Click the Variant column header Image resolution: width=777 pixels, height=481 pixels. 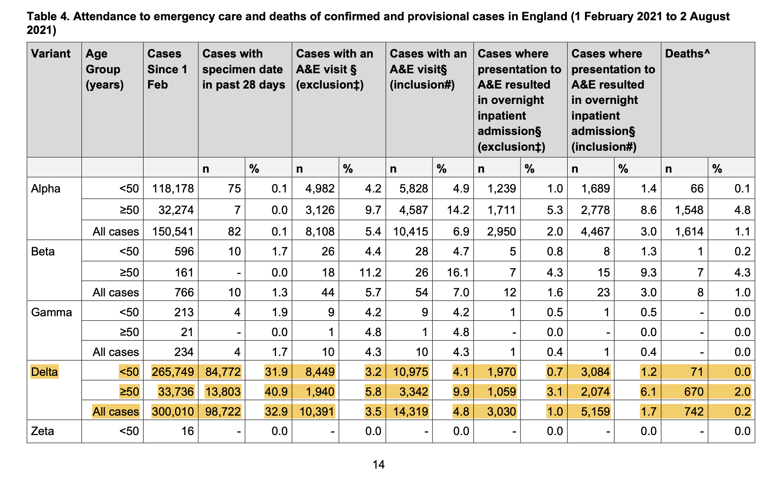50,54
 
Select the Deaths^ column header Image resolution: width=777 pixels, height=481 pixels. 687,54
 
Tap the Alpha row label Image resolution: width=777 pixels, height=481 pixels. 46,189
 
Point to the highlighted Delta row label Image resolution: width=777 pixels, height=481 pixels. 44,372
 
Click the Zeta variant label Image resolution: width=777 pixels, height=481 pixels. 42,431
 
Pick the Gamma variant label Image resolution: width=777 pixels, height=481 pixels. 51,312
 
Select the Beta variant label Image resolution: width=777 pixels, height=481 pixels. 43,252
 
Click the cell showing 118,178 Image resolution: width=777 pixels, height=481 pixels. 173,189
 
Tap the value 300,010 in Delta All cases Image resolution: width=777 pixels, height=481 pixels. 173,411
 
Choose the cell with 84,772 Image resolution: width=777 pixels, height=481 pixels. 223,372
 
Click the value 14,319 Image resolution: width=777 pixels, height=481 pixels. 410,411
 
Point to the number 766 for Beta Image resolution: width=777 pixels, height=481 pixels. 184,292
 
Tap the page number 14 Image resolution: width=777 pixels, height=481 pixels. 379,465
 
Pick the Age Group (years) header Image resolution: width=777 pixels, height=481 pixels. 104,69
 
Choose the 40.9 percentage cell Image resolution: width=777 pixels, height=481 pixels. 276,392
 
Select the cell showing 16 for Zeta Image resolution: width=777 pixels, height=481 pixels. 187,431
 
